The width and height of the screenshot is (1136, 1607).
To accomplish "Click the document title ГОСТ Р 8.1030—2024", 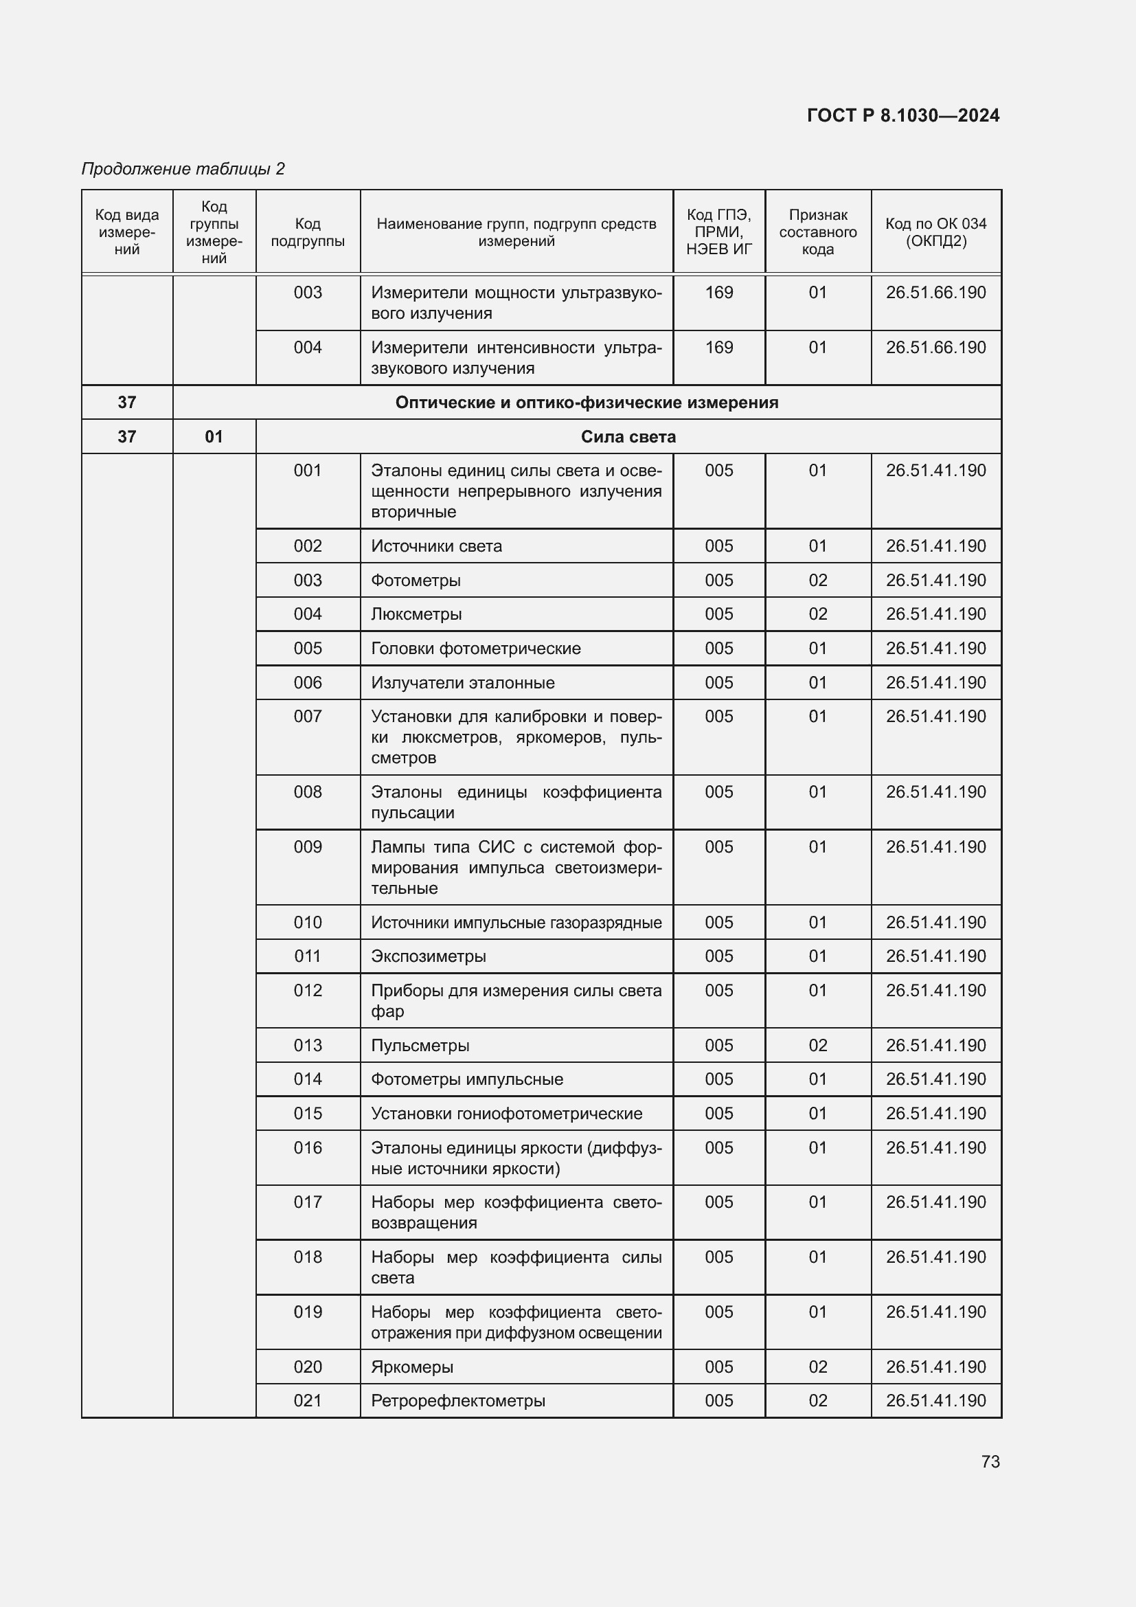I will tap(903, 115).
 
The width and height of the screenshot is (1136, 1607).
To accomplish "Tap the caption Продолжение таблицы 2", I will tap(183, 169).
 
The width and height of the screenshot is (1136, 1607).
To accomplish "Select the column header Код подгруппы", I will tap(308, 232).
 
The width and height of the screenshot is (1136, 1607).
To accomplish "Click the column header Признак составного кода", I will tap(818, 232).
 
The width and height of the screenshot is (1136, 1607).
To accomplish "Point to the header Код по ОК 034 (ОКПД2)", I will tap(935, 232).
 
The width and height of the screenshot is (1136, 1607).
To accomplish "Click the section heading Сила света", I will tap(628, 437).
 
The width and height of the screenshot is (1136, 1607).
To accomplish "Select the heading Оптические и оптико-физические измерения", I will tap(586, 403).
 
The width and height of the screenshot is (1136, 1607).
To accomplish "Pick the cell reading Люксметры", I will tap(416, 614).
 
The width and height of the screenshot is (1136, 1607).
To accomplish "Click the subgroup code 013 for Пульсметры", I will tap(308, 1045).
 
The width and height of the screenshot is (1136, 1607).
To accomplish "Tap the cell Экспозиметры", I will tap(428, 956).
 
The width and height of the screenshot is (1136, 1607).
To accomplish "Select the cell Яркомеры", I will tap(412, 1367).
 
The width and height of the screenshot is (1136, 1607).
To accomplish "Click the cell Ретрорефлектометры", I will tap(457, 1400).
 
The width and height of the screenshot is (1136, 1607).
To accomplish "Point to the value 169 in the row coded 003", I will tap(718, 293).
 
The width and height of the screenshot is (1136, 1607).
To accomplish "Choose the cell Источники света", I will tap(437, 546).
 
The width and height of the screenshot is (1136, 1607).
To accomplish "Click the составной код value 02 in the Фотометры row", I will tap(818, 581).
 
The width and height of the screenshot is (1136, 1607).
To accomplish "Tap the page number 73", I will tap(990, 1461).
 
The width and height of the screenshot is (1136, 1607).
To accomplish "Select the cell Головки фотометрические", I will tap(476, 649).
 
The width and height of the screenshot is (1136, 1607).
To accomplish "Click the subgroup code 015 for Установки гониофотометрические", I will tap(308, 1114).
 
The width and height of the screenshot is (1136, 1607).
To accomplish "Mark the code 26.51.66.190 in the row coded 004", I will tap(935, 348).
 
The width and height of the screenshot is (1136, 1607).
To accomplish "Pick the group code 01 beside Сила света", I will tap(214, 437).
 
